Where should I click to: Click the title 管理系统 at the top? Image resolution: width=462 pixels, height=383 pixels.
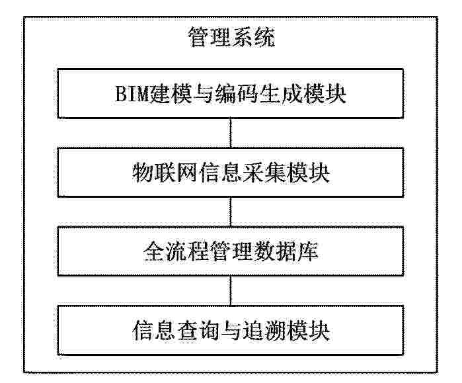[x=231, y=38]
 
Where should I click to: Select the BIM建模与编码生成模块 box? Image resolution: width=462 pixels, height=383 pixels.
[x=231, y=93]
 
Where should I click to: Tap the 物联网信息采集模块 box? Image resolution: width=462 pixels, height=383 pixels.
[x=231, y=172]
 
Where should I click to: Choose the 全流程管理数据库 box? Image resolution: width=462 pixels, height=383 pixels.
[x=231, y=251]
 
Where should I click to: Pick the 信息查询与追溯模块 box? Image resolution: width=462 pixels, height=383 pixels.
[x=231, y=330]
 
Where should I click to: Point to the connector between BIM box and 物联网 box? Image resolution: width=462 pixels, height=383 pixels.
[x=231, y=133]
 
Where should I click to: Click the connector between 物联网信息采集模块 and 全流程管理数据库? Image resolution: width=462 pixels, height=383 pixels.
[x=231, y=212]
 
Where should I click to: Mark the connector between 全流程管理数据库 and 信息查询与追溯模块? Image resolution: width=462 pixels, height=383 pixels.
[x=231, y=290]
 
